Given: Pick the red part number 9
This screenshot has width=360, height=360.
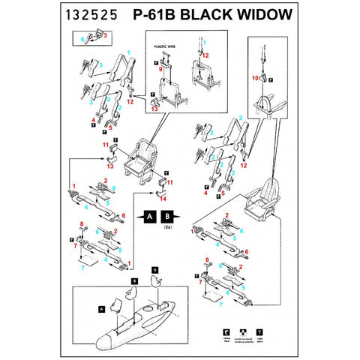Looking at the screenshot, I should coord(160,69).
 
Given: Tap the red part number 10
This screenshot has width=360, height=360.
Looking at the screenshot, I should coord(255,77).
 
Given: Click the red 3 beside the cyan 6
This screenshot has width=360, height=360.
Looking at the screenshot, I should coord(105,34).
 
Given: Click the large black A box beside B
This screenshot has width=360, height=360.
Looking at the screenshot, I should coord(149,217).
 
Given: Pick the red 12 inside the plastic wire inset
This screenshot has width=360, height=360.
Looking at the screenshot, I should coord(205,55).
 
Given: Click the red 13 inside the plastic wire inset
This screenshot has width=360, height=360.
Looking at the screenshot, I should coord(154,109).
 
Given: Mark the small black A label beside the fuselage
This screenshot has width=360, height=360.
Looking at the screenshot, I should coord(100,308).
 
